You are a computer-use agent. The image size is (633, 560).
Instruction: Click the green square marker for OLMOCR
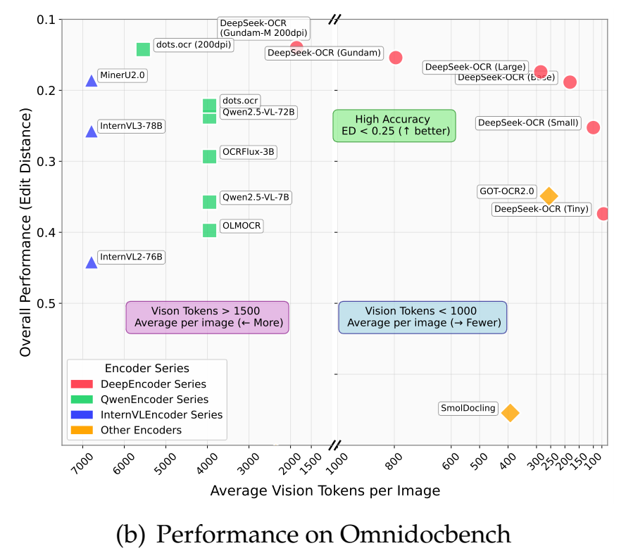pos(209,230)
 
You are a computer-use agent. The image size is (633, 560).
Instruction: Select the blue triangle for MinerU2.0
pos(92,81)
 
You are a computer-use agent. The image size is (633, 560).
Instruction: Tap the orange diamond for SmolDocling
pos(510,413)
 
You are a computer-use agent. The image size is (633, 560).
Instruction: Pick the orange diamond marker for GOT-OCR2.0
pos(549,196)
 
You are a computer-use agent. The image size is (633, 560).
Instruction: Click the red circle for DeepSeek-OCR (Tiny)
pos(603,214)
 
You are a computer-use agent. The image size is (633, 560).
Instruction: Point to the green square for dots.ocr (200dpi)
pos(143,49)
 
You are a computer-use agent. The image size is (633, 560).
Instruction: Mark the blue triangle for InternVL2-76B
pos(92,262)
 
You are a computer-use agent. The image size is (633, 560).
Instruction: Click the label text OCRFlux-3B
pos(248,151)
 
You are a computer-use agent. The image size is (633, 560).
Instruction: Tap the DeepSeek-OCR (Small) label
pos(528,123)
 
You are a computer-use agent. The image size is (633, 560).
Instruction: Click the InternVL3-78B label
pos(131,127)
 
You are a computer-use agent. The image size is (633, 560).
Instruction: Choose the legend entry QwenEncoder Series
pos(154,400)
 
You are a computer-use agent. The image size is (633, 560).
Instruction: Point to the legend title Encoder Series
pos(146,368)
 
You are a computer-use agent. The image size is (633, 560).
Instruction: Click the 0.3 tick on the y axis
pos(46,162)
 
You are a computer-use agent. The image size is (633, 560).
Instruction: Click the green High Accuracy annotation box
pos(394,125)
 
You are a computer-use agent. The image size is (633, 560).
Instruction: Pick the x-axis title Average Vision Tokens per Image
pos(325,491)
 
